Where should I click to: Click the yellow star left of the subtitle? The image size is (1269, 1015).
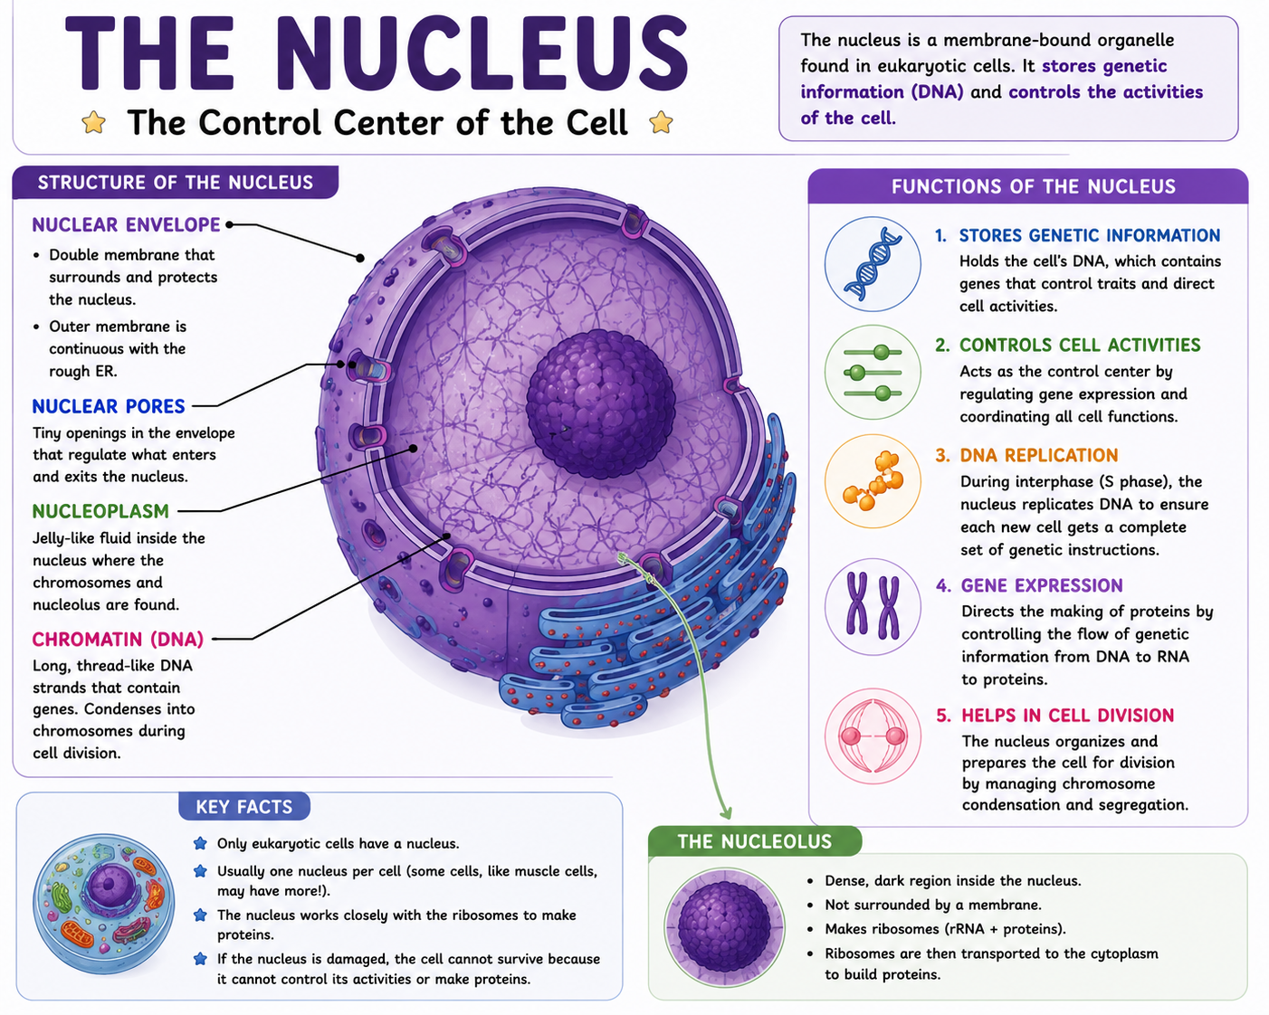click(x=94, y=123)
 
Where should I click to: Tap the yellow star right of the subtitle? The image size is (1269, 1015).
click(x=661, y=123)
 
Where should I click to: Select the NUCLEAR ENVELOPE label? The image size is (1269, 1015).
click(x=126, y=224)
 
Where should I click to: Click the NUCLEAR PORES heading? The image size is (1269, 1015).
click(x=109, y=406)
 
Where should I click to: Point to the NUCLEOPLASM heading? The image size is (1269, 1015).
click(x=100, y=511)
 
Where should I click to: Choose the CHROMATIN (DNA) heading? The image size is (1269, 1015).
click(x=118, y=639)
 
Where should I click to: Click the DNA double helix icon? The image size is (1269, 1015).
click(x=873, y=263)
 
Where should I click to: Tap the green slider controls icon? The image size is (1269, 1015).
click(x=873, y=373)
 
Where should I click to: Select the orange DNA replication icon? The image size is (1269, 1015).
click(x=873, y=481)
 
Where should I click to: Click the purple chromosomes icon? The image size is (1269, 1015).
click(x=873, y=606)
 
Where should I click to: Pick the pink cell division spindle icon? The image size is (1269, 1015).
click(x=873, y=736)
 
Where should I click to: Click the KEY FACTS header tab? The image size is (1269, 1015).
click(x=244, y=806)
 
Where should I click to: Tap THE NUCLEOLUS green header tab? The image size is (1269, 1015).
click(x=755, y=841)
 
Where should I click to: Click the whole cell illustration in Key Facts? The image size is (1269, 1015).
click(x=104, y=904)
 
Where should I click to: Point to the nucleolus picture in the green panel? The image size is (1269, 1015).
click(x=725, y=927)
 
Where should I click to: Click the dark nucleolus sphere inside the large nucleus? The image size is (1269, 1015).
click(x=600, y=403)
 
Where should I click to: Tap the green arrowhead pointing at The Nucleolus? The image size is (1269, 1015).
click(x=727, y=812)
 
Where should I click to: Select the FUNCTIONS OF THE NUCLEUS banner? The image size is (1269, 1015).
click(x=1033, y=186)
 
